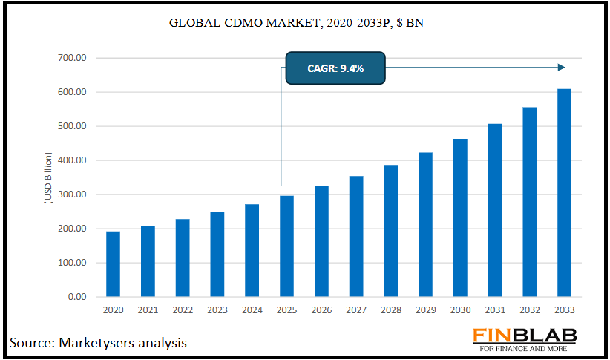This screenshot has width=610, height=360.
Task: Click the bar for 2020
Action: coord(113,264)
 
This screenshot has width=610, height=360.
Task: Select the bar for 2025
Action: coord(286,246)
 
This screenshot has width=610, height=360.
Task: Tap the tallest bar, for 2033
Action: coord(564,193)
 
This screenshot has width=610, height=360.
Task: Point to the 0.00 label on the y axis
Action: coord(77,297)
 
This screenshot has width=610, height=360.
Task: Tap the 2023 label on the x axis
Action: coord(217,311)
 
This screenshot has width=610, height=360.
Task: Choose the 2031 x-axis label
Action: coord(495,311)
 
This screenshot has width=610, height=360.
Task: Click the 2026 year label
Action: coord(321,311)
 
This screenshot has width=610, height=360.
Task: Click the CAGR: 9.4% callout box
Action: coord(335,68)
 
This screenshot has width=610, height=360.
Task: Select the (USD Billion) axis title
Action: coord(48,177)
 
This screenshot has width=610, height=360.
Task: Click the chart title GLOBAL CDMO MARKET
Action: coord(297,23)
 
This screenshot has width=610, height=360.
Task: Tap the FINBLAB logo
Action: coord(526,336)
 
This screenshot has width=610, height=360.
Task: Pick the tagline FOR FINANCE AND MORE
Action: coord(526,349)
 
